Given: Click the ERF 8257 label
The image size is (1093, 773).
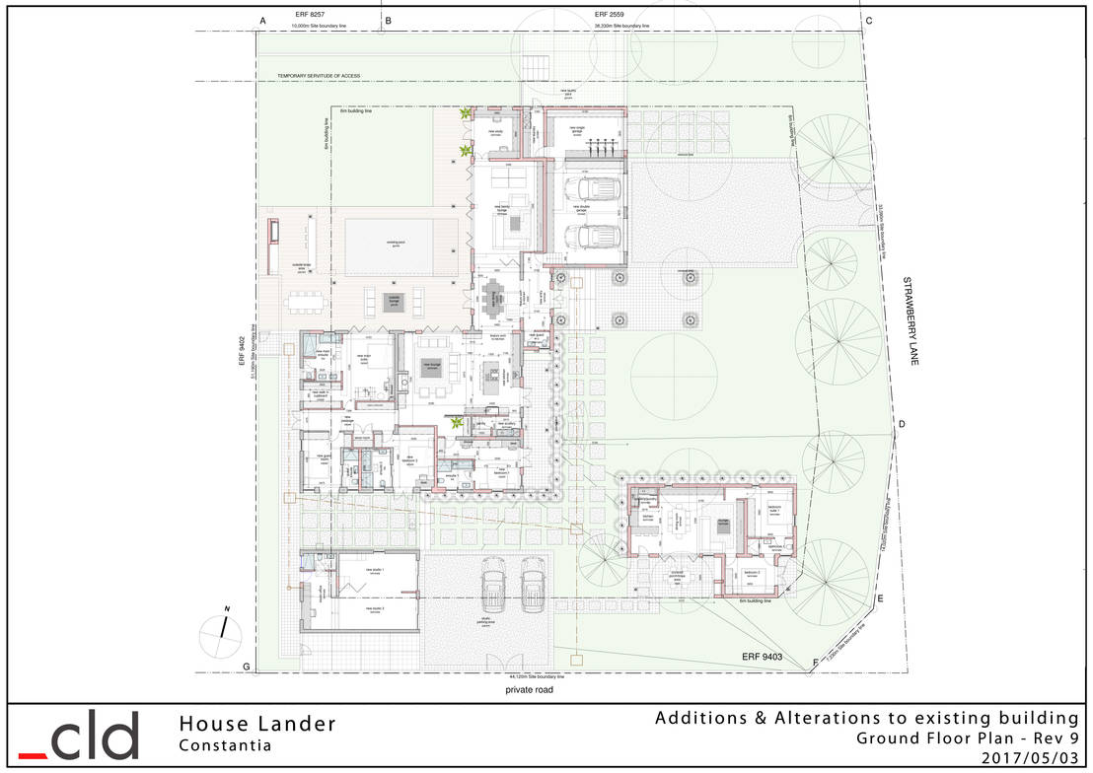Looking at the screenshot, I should pos(310,15).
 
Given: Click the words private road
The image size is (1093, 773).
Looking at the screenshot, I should pos(528,691).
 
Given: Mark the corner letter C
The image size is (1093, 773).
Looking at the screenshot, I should pos(868,21).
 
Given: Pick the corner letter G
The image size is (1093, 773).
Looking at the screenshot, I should pos(246,668).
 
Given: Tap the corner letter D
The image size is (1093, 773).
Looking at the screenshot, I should pos(901,425).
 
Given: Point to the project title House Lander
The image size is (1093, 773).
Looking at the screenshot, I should pos(257,725).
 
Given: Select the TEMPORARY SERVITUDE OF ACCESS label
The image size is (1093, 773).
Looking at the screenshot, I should pos(320,76).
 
